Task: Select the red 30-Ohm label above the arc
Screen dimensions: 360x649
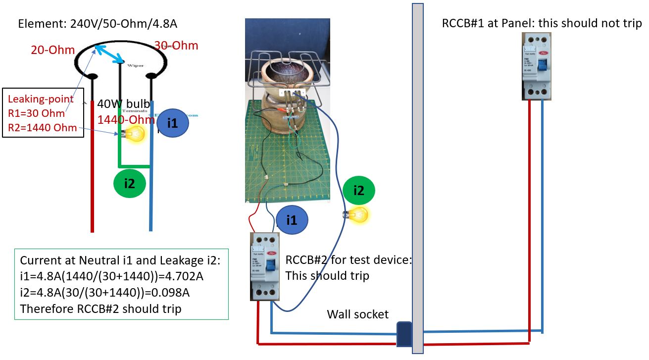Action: coord(176,46)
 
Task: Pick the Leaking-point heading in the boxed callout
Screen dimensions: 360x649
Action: coord(41,99)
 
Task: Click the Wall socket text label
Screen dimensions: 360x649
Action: coord(357,314)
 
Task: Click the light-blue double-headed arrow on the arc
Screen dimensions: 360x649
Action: coord(109,54)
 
